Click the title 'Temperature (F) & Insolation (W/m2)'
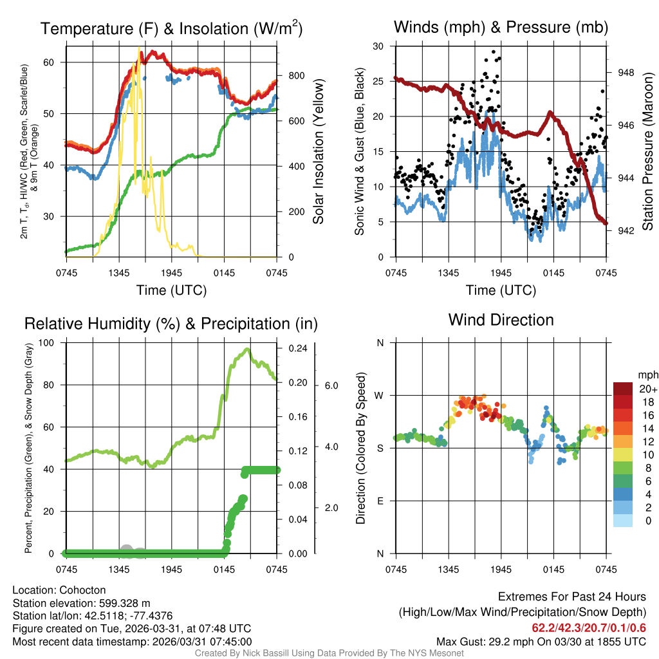pos(171,28)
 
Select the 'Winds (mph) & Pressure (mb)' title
pos(501,27)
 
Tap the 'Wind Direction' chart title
pos(501,320)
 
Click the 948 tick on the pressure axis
pos(625,73)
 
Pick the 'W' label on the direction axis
pos(380,395)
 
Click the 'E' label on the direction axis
pos(380,501)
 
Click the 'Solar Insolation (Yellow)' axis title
pos(318,151)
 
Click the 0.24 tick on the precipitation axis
pos(299,348)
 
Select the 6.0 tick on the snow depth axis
pos(331,385)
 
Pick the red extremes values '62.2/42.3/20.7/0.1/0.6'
pos(588,627)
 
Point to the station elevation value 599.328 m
pos(126,603)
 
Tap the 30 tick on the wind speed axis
pos(378,46)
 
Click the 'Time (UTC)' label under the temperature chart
pos(171,290)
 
